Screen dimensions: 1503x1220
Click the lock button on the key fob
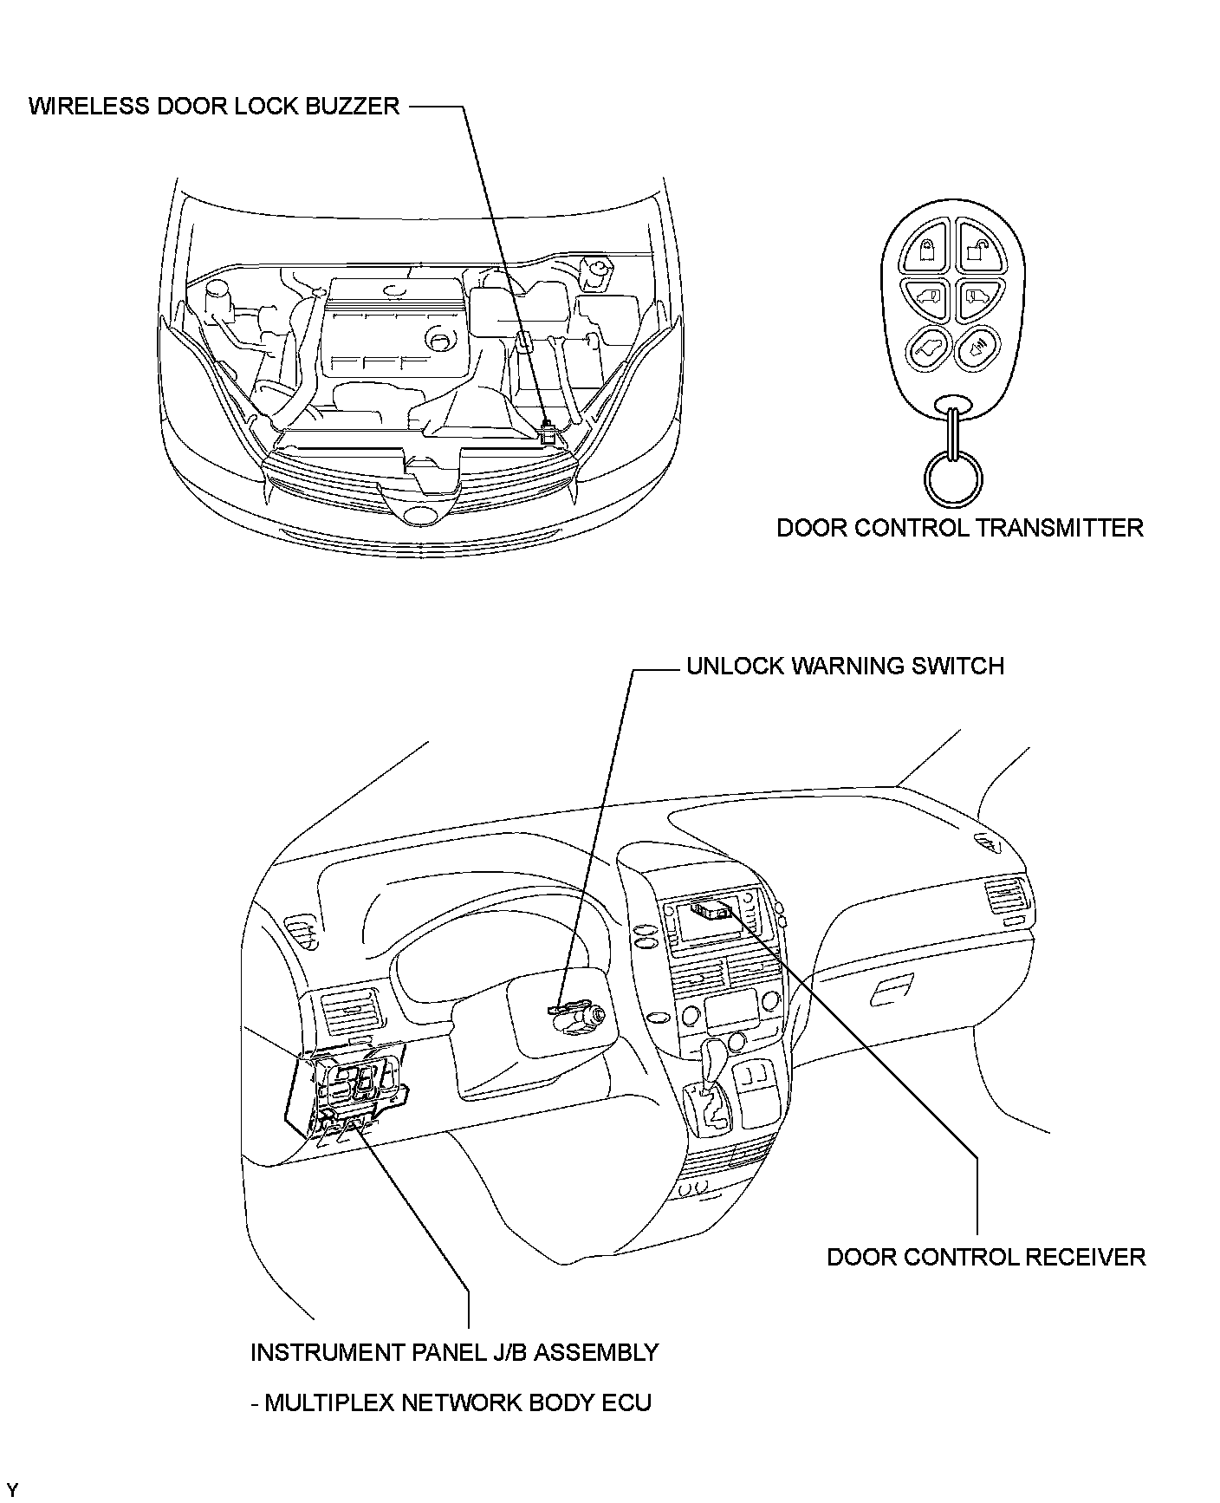[926, 251]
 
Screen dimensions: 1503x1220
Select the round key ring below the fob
[953, 478]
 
